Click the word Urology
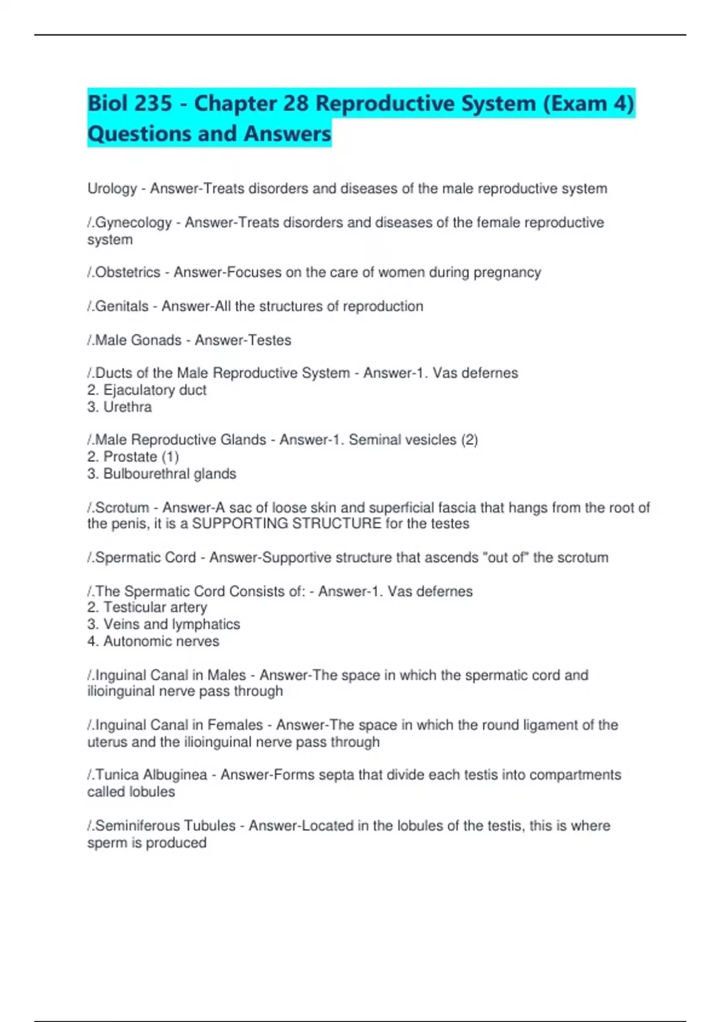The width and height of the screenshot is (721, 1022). coord(112,189)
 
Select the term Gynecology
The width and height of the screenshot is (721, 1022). coord(133,222)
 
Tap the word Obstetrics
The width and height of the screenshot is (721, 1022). coord(128,272)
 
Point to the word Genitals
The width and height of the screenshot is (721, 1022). coord(122,306)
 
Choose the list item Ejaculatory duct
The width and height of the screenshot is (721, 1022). coord(154,390)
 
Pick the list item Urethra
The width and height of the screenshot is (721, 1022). coord(127,407)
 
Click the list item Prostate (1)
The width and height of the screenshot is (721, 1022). coord(141,457)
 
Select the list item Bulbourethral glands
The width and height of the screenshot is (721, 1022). coord(169,474)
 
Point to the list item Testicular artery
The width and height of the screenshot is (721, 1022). coord(155,608)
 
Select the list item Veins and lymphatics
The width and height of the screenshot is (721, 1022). coord(171,625)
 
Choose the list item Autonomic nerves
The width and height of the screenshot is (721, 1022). coord(161,641)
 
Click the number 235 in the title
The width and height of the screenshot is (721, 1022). coord(152,103)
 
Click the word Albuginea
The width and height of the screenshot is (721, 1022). coord(175,775)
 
